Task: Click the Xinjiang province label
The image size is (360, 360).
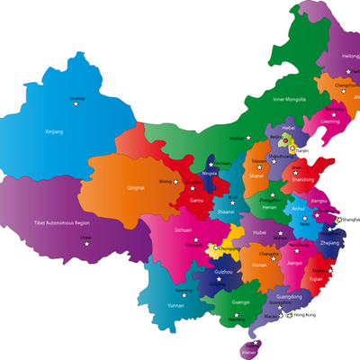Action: pyautogui.click(x=55, y=131)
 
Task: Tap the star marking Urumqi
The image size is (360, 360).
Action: pyautogui.click(x=76, y=104)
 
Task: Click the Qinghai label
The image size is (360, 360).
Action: pyautogui.click(x=137, y=188)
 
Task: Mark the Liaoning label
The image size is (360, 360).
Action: pyautogui.click(x=331, y=120)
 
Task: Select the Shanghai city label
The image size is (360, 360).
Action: pyautogui.click(x=351, y=218)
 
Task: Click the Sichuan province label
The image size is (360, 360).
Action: pyautogui.click(x=184, y=230)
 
